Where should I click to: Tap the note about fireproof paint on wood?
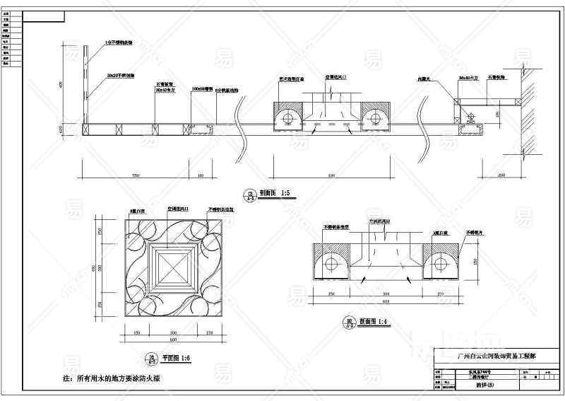click(x=113, y=379)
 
